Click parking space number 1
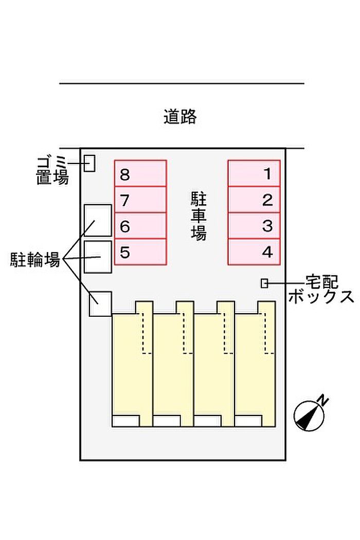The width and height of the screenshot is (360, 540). tap(254, 173)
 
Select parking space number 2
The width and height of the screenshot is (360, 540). tap(254, 200)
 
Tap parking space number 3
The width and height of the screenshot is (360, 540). tap(254, 226)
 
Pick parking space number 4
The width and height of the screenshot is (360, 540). tap(254, 252)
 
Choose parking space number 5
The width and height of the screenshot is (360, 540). tap(140, 252)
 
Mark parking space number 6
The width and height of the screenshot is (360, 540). tap(140, 226)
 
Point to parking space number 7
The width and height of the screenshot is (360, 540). tap(140, 200)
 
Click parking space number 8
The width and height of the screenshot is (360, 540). tap(140, 173)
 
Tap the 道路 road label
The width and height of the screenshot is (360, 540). tap(180, 117)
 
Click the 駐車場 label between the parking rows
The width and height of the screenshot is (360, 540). tap(199, 216)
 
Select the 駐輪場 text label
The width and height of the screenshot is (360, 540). tap(35, 259)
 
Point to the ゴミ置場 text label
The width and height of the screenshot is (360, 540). tap(52, 171)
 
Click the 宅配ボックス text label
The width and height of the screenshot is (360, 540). tap(320, 290)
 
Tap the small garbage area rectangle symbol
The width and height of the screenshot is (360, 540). tap(90, 163)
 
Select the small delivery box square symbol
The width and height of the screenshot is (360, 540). tap(264, 283)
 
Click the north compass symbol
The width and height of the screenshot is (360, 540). tap(310, 415)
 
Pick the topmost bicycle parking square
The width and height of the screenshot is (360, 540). tap(98, 220)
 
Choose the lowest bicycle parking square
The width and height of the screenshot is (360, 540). tap(100, 303)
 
